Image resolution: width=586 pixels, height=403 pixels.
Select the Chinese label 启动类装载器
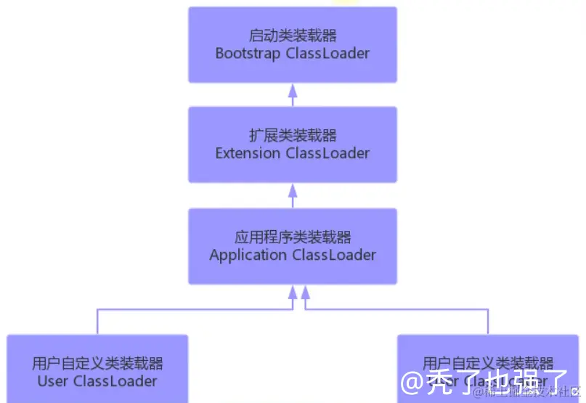pos(293,36)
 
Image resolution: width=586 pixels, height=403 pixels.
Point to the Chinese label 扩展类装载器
pos(293,135)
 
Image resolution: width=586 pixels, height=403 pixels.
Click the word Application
pos(248,255)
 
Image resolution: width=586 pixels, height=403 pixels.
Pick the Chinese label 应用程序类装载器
pos(293,237)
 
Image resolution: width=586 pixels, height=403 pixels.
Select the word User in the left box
pos(52,380)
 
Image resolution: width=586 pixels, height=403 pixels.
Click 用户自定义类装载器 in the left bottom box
pos(97,363)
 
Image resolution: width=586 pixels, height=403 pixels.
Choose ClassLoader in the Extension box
pos(327,153)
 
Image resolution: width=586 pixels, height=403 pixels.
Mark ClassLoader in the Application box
pos(334,255)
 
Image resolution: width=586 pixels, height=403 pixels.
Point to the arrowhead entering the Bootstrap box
pos(293,90)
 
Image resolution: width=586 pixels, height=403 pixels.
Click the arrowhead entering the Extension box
pos(293,190)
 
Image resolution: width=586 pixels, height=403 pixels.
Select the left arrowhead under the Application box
pos(293,292)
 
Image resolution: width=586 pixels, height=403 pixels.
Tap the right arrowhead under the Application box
pos(306,292)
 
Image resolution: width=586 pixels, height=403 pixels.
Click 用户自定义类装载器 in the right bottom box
pos(488,362)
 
